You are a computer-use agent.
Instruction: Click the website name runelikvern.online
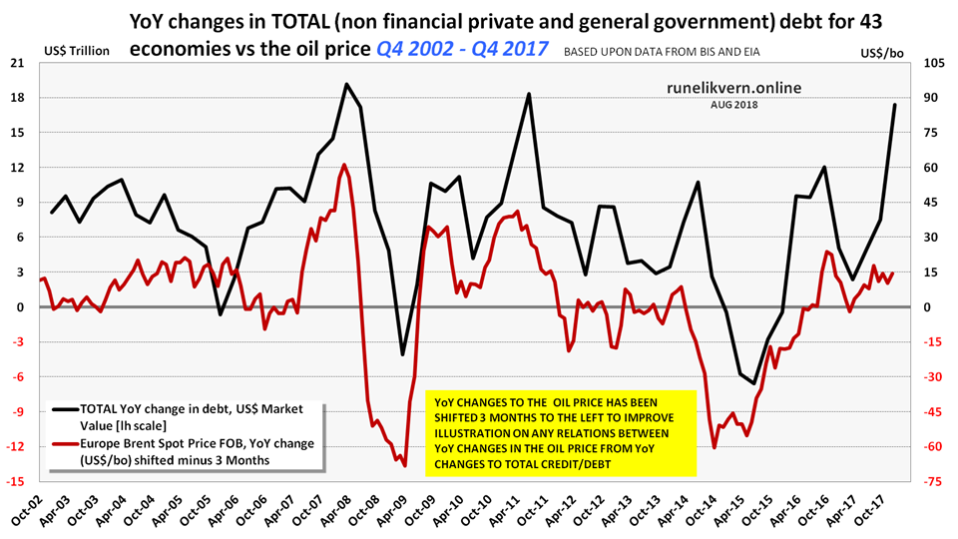pos(733,88)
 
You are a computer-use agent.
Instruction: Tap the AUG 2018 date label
pos(734,105)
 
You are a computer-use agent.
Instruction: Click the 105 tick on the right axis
pos(934,63)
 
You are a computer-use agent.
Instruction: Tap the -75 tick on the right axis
pos(934,482)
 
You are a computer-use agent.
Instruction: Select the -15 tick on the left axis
pos(18,482)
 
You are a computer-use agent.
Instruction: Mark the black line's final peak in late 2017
pos(894,105)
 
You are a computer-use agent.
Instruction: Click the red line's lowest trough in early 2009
pos(404,465)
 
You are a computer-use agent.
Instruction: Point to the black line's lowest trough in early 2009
pos(403,354)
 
